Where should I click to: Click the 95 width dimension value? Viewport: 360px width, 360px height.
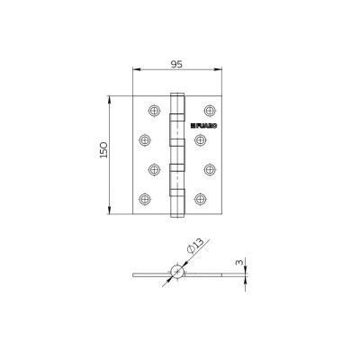point(176,62)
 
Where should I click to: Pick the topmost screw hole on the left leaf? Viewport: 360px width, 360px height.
point(153,111)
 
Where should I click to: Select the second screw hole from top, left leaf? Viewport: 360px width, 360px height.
point(143,139)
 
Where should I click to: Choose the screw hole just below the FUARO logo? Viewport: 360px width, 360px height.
point(200,139)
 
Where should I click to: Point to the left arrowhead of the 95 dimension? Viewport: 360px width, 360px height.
point(135,70)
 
